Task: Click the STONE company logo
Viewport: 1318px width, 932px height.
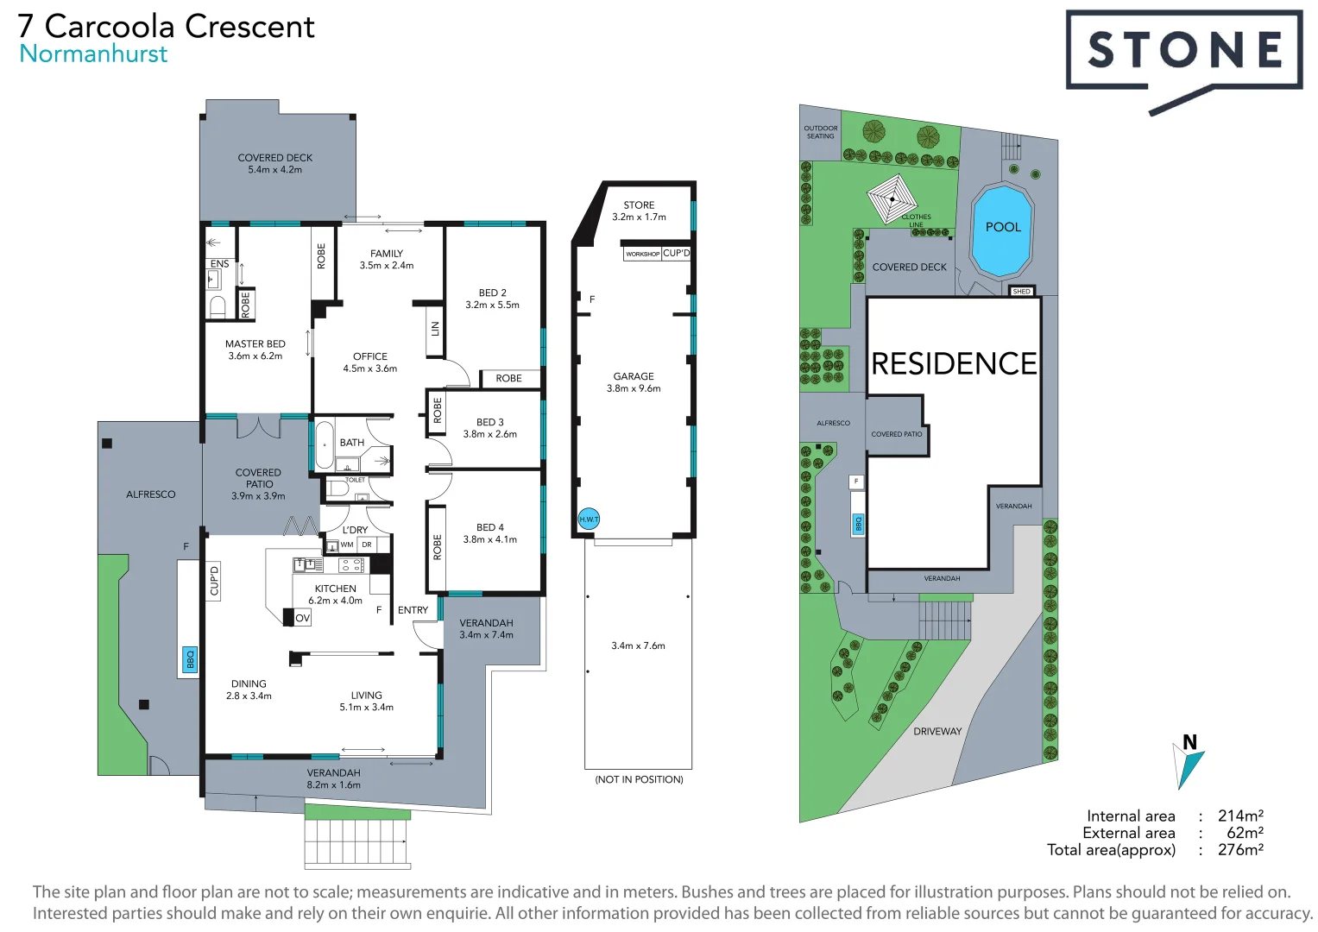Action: [x=1183, y=52]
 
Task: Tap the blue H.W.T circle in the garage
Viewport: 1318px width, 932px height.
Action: [x=589, y=519]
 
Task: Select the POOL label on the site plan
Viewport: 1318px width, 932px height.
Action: [x=1003, y=227]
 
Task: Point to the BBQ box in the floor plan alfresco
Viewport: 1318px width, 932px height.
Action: [x=190, y=659]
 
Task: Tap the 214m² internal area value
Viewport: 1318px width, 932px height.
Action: [x=1240, y=815]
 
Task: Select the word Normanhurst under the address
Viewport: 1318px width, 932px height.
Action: [x=93, y=54]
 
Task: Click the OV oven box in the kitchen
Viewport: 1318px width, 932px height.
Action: [x=302, y=618]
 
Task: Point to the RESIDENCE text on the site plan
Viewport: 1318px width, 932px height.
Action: [x=954, y=363]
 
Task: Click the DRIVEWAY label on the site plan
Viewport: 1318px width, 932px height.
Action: [x=937, y=731]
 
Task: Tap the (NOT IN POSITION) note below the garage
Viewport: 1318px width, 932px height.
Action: [x=639, y=779]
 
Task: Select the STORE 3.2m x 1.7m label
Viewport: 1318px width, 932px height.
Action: [x=639, y=211]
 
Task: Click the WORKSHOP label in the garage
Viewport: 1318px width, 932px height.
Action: [x=642, y=254]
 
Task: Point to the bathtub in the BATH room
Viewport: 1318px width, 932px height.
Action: [x=325, y=445]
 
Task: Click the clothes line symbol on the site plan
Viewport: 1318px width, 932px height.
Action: [x=892, y=198]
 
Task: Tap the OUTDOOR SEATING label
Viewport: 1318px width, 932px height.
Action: [x=820, y=132]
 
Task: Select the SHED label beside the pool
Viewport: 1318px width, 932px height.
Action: [x=1021, y=292]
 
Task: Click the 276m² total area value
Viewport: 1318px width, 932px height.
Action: [x=1240, y=850]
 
